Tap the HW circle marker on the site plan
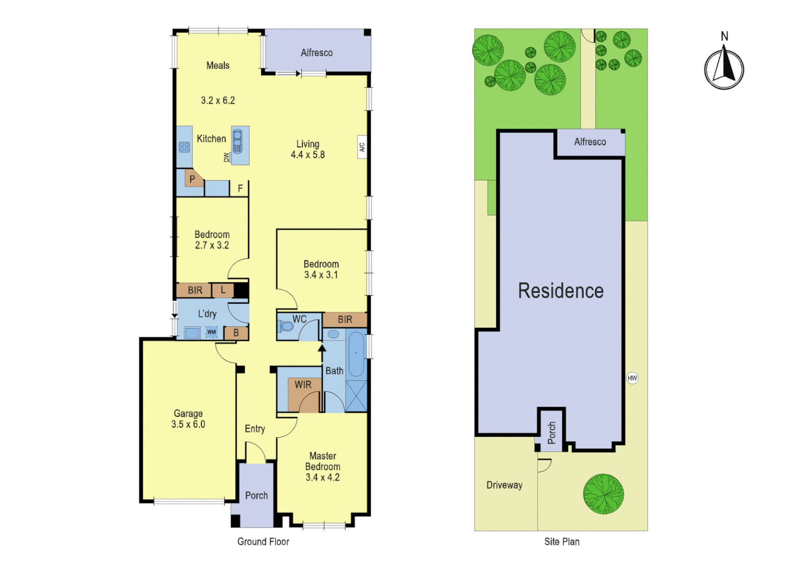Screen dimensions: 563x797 (x=632, y=378)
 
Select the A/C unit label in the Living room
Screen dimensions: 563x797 (x=362, y=148)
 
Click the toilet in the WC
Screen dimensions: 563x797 (x=286, y=327)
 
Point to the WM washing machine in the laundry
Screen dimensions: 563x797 (x=212, y=332)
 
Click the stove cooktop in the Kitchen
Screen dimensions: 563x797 (x=184, y=147)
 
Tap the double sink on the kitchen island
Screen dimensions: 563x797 (x=237, y=141)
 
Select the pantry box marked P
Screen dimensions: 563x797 (x=192, y=179)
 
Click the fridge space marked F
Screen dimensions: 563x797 (x=240, y=188)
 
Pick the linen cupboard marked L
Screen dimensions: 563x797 (x=223, y=290)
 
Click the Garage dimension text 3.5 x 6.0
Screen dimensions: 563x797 (x=188, y=424)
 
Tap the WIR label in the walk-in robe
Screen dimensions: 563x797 (x=303, y=385)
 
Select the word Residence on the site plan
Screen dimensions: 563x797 (x=561, y=291)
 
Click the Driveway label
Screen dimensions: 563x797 (x=504, y=485)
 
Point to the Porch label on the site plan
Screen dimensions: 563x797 (x=551, y=433)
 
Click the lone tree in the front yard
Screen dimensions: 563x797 (x=603, y=494)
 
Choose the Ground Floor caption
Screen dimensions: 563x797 (x=263, y=542)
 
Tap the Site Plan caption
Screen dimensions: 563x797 (x=562, y=542)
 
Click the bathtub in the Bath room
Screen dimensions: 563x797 (x=356, y=354)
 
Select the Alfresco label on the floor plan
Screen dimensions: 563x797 (x=316, y=53)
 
